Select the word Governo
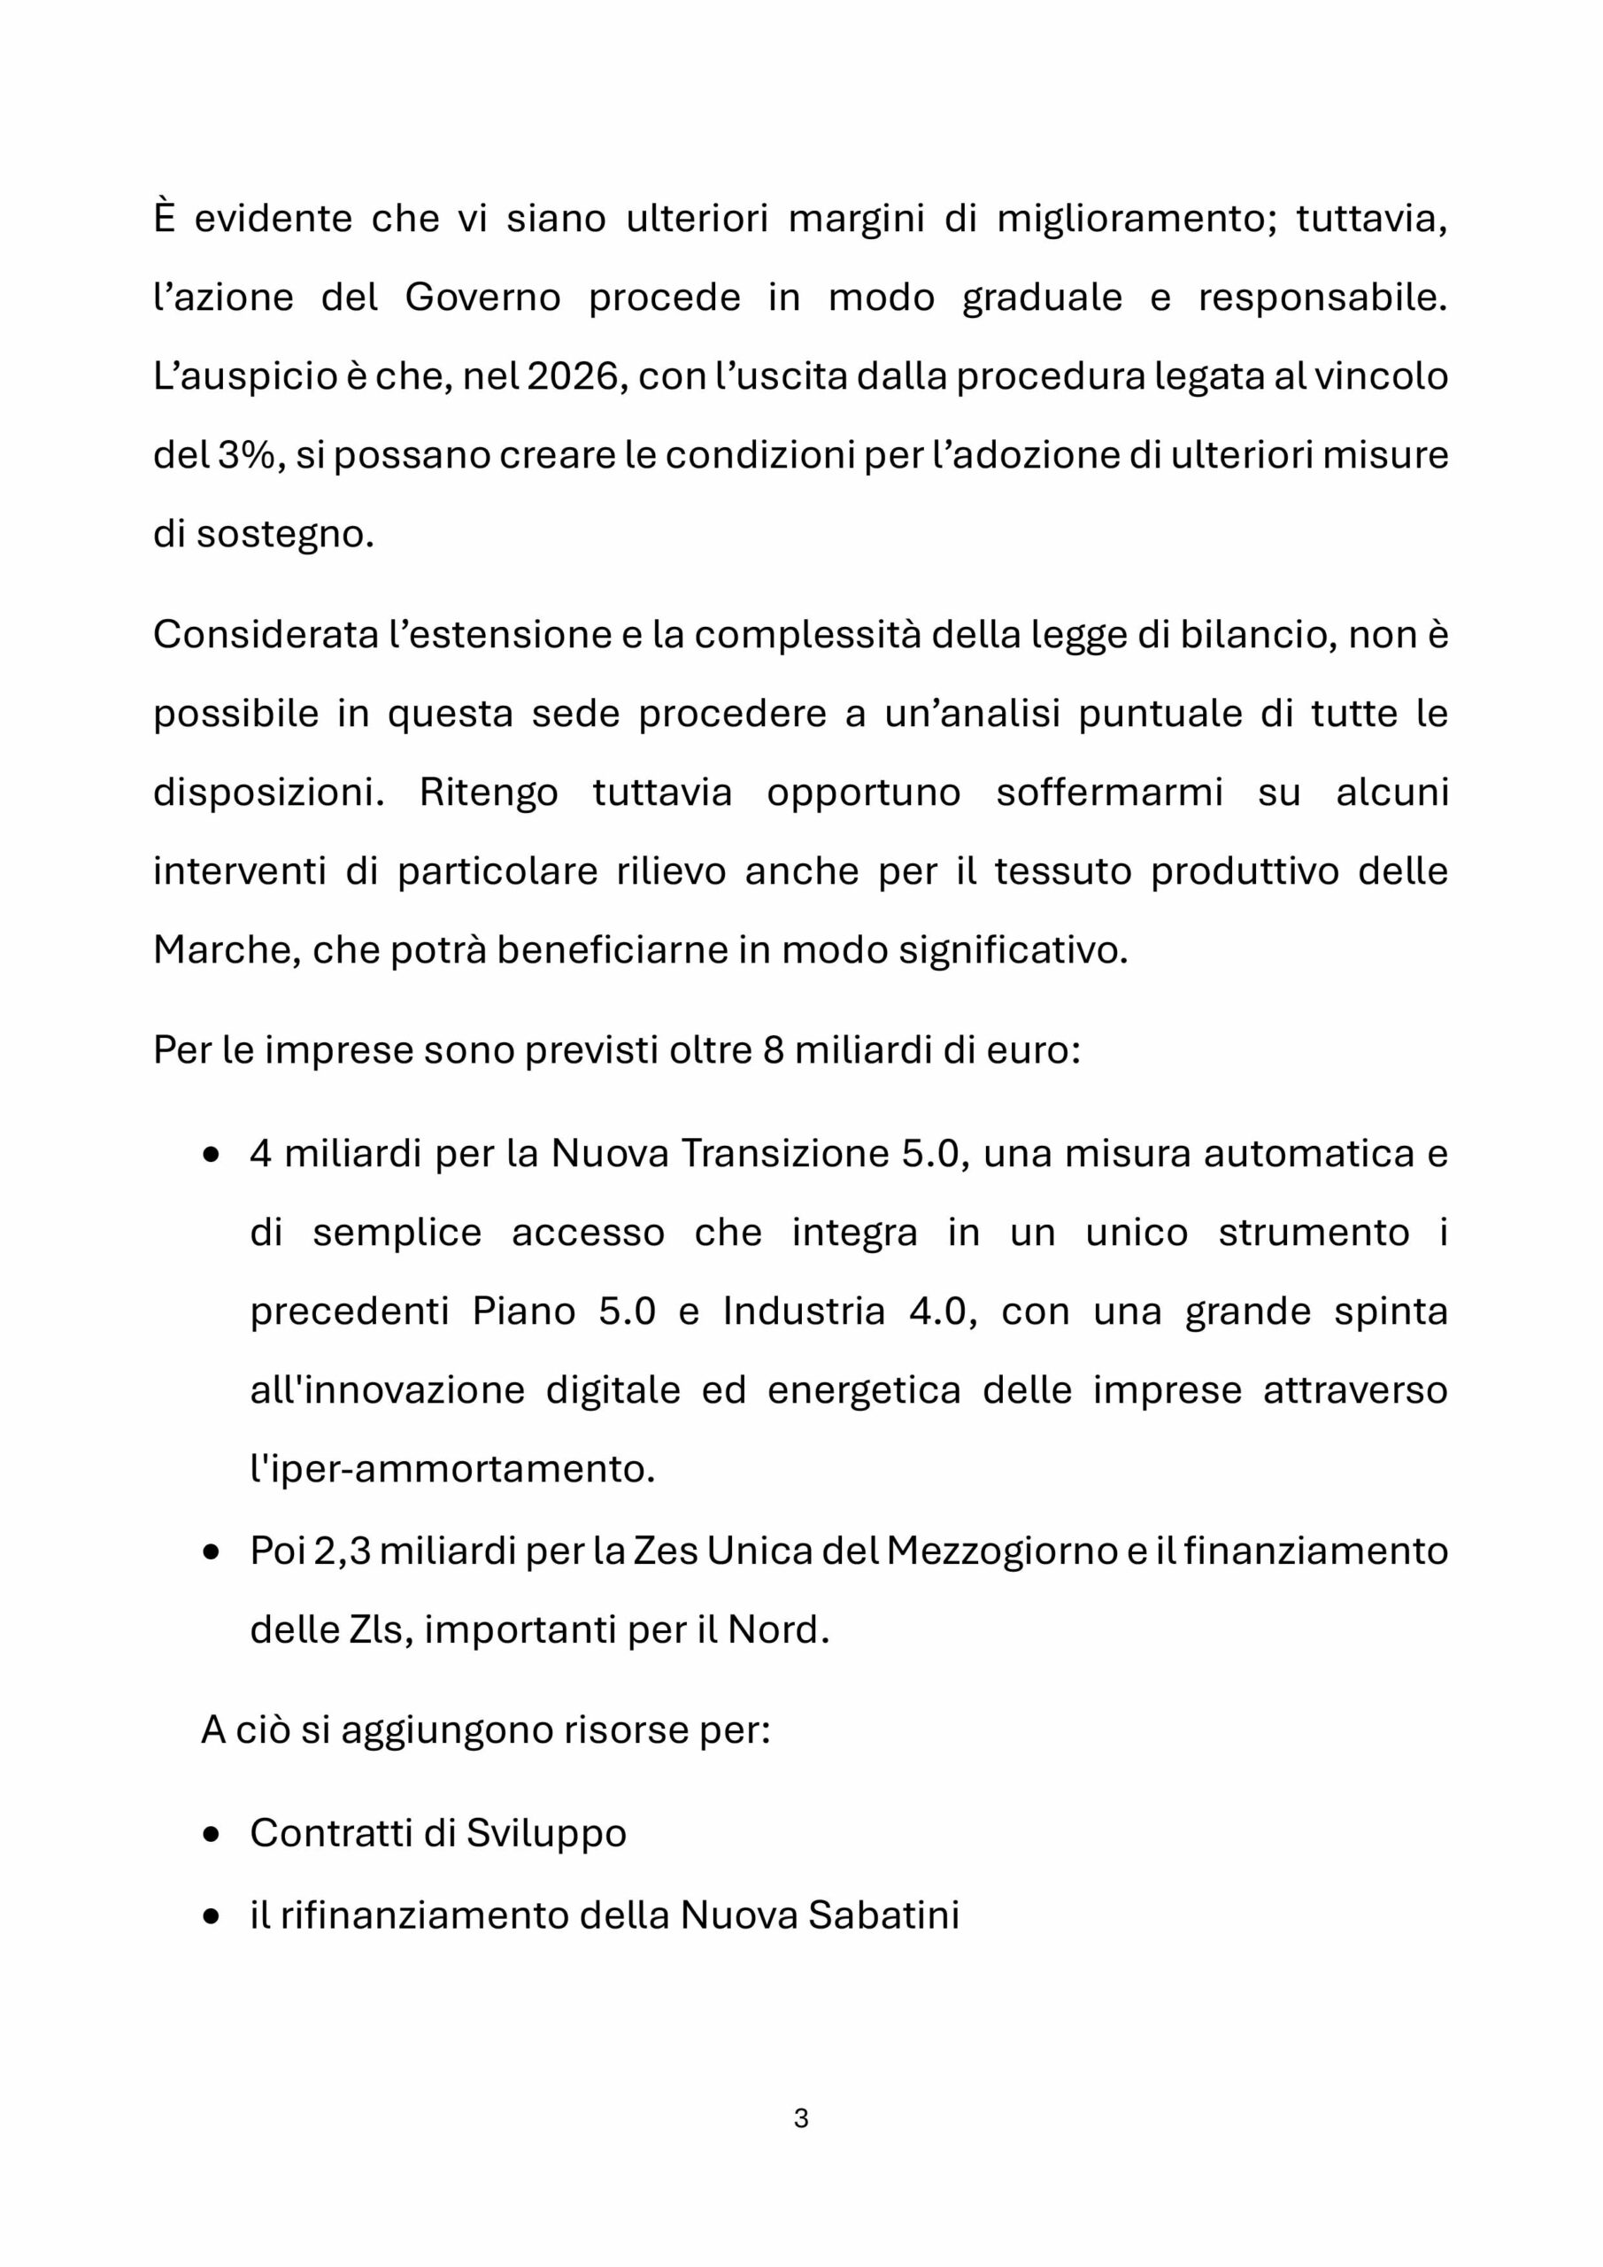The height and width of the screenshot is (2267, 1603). pos(482,298)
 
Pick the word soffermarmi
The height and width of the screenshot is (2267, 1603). pos(1108,792)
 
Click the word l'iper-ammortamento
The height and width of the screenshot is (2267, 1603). pos(452,1470)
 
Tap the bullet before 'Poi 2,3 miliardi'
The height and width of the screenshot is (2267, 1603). pos(212,1552)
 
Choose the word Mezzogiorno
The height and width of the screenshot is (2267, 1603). pos(1001,1551)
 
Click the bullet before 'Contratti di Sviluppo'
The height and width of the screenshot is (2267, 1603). pos(212,1836)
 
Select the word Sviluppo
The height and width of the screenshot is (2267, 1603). pos(546,1835)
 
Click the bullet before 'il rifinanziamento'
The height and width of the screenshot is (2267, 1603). pos(212,1916)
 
